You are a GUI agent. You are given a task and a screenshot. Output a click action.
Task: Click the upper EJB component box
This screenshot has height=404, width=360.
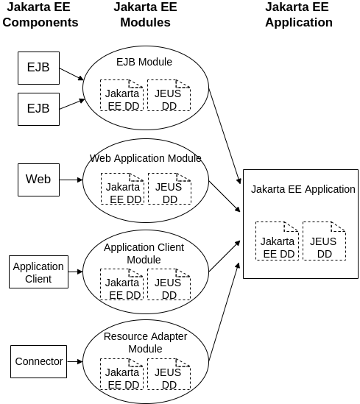38,67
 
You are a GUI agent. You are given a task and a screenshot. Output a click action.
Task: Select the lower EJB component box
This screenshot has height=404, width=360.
38,107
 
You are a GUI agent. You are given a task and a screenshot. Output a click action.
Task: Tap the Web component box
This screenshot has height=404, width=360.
38,179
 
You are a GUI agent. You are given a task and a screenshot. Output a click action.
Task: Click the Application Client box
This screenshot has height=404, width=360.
38,272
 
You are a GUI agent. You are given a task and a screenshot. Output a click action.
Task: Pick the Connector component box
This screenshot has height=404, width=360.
38,361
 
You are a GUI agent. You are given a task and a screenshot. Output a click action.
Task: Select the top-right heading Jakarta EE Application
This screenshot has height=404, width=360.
298,15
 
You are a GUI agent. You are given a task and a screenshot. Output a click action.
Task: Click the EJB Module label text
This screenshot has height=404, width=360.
144,62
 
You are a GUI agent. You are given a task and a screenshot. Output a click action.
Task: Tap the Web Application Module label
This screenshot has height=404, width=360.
145,158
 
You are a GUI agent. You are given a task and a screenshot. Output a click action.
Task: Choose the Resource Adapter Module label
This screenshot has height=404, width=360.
145,342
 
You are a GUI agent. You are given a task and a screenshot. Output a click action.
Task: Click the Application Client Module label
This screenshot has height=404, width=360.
144,253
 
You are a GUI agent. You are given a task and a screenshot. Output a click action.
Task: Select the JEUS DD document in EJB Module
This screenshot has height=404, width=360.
169,95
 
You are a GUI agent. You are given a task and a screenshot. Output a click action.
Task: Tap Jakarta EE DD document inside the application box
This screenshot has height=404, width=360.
277,241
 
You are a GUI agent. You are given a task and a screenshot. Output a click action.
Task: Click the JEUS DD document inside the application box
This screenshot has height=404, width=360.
324,241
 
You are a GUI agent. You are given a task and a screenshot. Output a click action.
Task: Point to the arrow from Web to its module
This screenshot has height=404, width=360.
71,180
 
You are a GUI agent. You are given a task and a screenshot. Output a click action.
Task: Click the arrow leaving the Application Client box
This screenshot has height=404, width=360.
76,272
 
